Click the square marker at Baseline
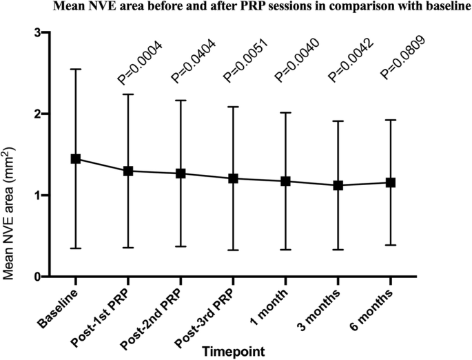pos(76,159)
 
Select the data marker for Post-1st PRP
pos(128,171)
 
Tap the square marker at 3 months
pos(338,185)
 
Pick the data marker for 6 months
pos(390,182)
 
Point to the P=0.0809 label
pos(402,62)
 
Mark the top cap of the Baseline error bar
pos(76,70)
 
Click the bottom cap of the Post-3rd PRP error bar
pos(233,250)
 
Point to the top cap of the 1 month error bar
pos(285,112)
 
